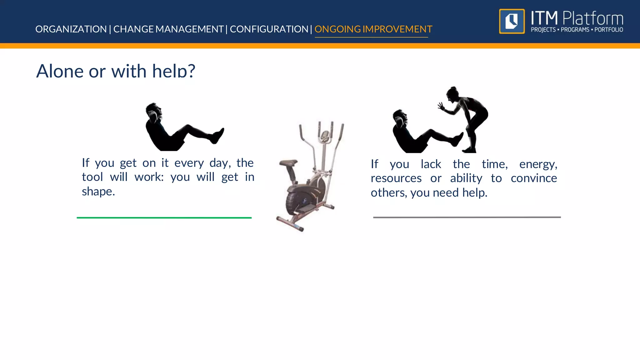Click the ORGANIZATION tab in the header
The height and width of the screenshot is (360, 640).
coord(71,29)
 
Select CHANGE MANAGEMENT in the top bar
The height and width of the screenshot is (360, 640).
coord(168,29)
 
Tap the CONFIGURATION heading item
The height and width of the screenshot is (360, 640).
coord(269,29)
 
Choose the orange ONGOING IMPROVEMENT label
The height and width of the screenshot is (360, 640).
coord(373,29)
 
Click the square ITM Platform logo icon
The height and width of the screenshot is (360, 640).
coord(512,21)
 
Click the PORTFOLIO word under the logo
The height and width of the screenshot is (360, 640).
coord(608,30)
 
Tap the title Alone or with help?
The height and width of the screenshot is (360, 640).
coord(116,71)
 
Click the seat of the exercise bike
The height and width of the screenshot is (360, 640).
coord(288,163)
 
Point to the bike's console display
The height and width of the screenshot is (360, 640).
coord(325,135)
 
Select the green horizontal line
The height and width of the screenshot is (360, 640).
coord(164,217)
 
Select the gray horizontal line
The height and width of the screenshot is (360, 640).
coord(467,217)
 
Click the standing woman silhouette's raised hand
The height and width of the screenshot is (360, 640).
coord(441,107)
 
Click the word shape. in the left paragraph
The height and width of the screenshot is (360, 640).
coord(98,191)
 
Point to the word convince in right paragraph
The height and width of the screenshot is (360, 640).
coord(534,178)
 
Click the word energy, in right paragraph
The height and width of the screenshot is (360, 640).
coord(538,164)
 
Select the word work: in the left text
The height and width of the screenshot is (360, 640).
coord(149,177)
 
